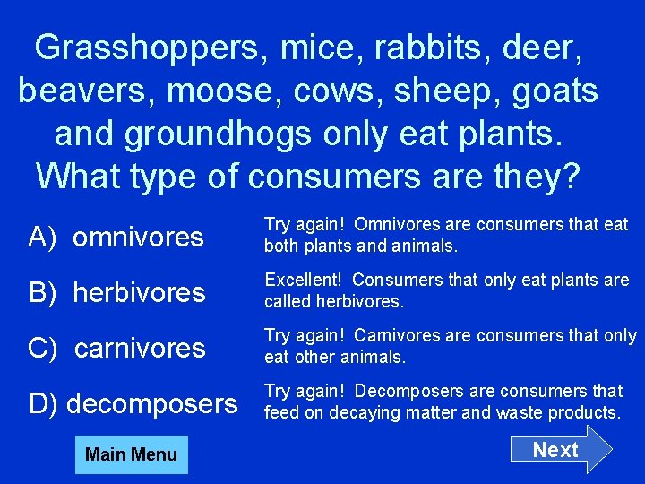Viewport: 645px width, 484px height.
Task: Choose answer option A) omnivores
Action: (x=116, y=238)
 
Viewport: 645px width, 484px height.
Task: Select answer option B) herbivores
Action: (x=117, y=292)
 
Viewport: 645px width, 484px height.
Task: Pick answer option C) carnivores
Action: (x=117, y=348)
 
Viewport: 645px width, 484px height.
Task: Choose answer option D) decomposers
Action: (x=133, y=404)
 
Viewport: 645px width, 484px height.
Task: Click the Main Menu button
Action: (x=131, y=454)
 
